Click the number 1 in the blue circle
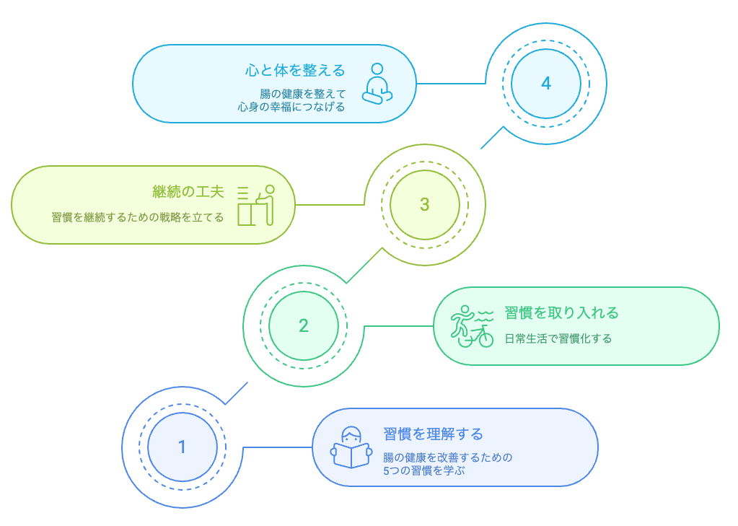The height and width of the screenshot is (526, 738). pyautogui.click(x=182, y=447)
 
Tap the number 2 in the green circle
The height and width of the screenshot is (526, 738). pyautogui.click(x=304, y=326)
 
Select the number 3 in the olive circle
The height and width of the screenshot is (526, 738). pyautogui.click(x=424, y=205)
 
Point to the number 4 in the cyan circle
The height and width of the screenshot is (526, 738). pyautogui.click(x=546, y=84)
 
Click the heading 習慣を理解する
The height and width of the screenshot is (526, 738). pyautogui.click(x=433, y=434)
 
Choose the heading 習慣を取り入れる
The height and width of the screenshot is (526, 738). pyautogui.click(x=561, y=312)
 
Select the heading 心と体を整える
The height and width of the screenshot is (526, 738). pyautogui.click(x=294, y=70)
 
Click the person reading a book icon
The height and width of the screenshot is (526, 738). pyautogui.click(x=351, y=447)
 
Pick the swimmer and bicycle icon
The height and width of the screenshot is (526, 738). pyautogui.click(x=473, y=326)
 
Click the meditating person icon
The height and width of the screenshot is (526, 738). pyautogui.click(x=377, y=84)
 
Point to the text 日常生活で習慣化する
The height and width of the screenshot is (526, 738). pyautogui.click(x=558, y=338)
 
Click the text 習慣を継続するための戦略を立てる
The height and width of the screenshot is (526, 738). pyautogui.click(x=137, y=217)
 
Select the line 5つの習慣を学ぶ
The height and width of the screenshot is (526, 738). pyautogui.click(x=424, y=470)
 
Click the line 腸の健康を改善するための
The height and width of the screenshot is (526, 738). pyautogui.click(x=447, y=457)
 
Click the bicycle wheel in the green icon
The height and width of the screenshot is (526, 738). pyautogui.click(x=486, y=338)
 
